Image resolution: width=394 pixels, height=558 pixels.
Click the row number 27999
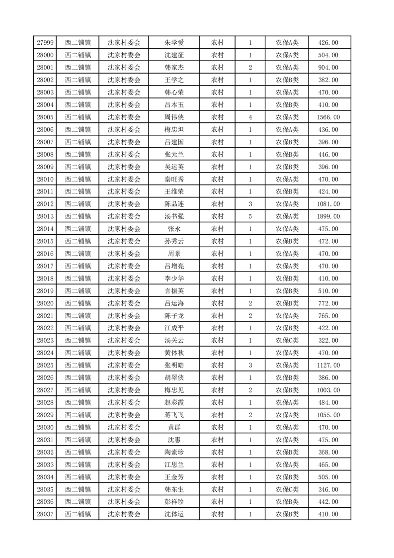pos(46,43)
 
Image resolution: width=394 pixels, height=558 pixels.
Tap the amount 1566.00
pos(328,117)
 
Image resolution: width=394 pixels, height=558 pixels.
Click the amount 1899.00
pos(328,216)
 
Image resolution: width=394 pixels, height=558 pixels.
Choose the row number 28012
pos(46,204)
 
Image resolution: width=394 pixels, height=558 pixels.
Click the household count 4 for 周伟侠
pos(250,117)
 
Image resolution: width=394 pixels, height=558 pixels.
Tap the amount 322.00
pos(328,340)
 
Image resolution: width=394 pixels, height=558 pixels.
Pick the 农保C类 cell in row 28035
pos(287,489)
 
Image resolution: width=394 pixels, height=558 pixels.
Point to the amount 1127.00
pos(328,365)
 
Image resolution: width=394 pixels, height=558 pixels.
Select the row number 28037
pos(46,514)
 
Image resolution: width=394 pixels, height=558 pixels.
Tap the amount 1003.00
pos(328,390)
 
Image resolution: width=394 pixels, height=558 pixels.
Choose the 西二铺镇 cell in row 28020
pos(78,303)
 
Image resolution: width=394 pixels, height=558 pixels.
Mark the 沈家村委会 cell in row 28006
pos(124,130)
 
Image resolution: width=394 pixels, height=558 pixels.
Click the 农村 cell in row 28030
pos(217,427)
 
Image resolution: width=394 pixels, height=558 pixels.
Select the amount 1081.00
pos(328,204)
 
